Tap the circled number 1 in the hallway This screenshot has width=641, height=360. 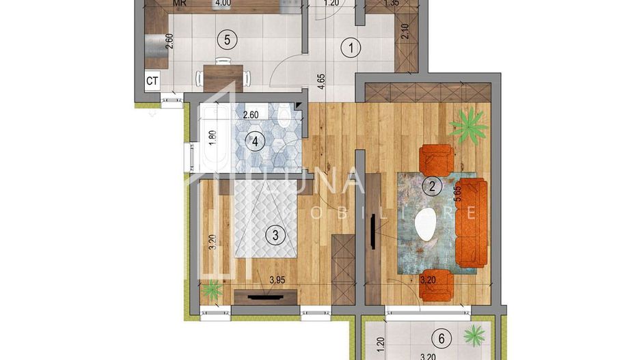(351, 48)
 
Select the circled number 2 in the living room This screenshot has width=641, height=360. (432, 185)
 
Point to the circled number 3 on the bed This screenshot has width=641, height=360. (275, 236)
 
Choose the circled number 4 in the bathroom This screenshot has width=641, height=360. (255, 142)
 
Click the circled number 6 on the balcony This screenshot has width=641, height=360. (441, 338)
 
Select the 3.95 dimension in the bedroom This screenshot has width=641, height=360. (277, 280)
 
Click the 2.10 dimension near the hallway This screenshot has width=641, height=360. (404, 31)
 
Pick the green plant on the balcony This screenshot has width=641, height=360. (473, 335)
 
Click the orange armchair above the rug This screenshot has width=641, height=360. (437, 159)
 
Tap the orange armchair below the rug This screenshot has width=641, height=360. (437, 284)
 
